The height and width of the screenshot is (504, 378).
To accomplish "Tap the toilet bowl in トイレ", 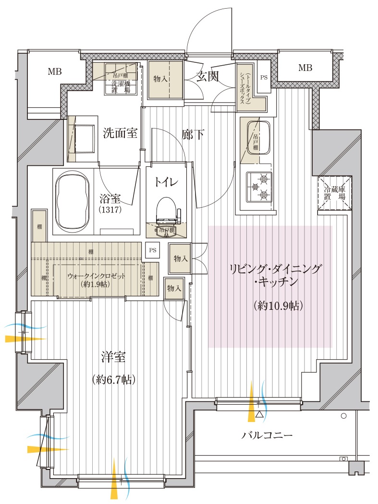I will [x=167, y=210].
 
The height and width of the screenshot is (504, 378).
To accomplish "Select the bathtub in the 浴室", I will [x=73, y=202].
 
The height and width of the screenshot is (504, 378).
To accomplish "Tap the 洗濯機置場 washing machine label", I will [x=121, y=87].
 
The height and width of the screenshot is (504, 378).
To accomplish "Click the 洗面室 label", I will [x=120, y=133].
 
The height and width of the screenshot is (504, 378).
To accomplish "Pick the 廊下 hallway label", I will [x=193, y=134].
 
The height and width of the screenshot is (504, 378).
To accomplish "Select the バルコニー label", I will [x=267, y=435].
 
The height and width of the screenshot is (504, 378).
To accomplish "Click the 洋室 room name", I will [x=114, y=357].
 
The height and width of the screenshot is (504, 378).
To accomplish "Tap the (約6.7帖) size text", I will [x=114, y=380].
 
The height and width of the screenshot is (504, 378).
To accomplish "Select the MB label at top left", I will [x=54, y=72].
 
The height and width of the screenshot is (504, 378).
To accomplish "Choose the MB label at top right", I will [x=305, y=68].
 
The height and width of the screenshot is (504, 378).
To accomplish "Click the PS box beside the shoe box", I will [x=264, y=77].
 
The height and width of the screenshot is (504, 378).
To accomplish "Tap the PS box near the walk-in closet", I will [x=152, y=250].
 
